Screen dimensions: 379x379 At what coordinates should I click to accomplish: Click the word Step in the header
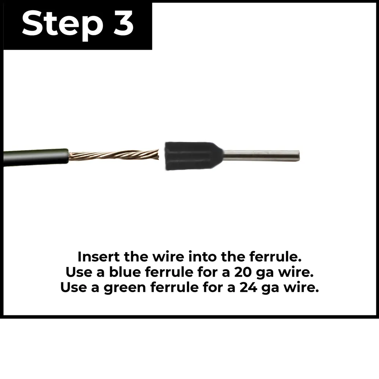pos(62,25)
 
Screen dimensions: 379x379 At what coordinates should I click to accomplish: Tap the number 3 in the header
pos(123,23)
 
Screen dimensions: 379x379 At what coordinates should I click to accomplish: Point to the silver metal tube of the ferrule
pos(262,156)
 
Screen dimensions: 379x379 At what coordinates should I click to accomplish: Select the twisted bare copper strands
pos(114,155)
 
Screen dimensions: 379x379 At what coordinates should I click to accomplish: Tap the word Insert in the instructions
pos(99,257)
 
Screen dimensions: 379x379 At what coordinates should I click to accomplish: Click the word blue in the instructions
pos(125,272)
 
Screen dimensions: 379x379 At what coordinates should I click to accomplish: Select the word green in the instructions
pos(125,288)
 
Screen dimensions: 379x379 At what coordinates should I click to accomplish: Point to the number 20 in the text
pos(243,272)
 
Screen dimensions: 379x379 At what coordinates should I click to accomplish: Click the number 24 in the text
pos(248,288)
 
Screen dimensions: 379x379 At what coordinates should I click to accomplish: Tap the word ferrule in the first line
pos(276,257)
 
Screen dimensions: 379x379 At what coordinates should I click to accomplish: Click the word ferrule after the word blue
pos(169,272)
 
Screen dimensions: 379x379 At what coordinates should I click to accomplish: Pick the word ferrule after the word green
pos(174,287)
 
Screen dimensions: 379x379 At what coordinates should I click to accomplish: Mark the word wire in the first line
pos(168,257)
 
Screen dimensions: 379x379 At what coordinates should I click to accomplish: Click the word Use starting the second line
pos(79,272)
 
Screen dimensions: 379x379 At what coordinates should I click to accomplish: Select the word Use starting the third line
pos(74,287)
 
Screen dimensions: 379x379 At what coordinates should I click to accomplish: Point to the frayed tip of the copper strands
pos(158,155)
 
